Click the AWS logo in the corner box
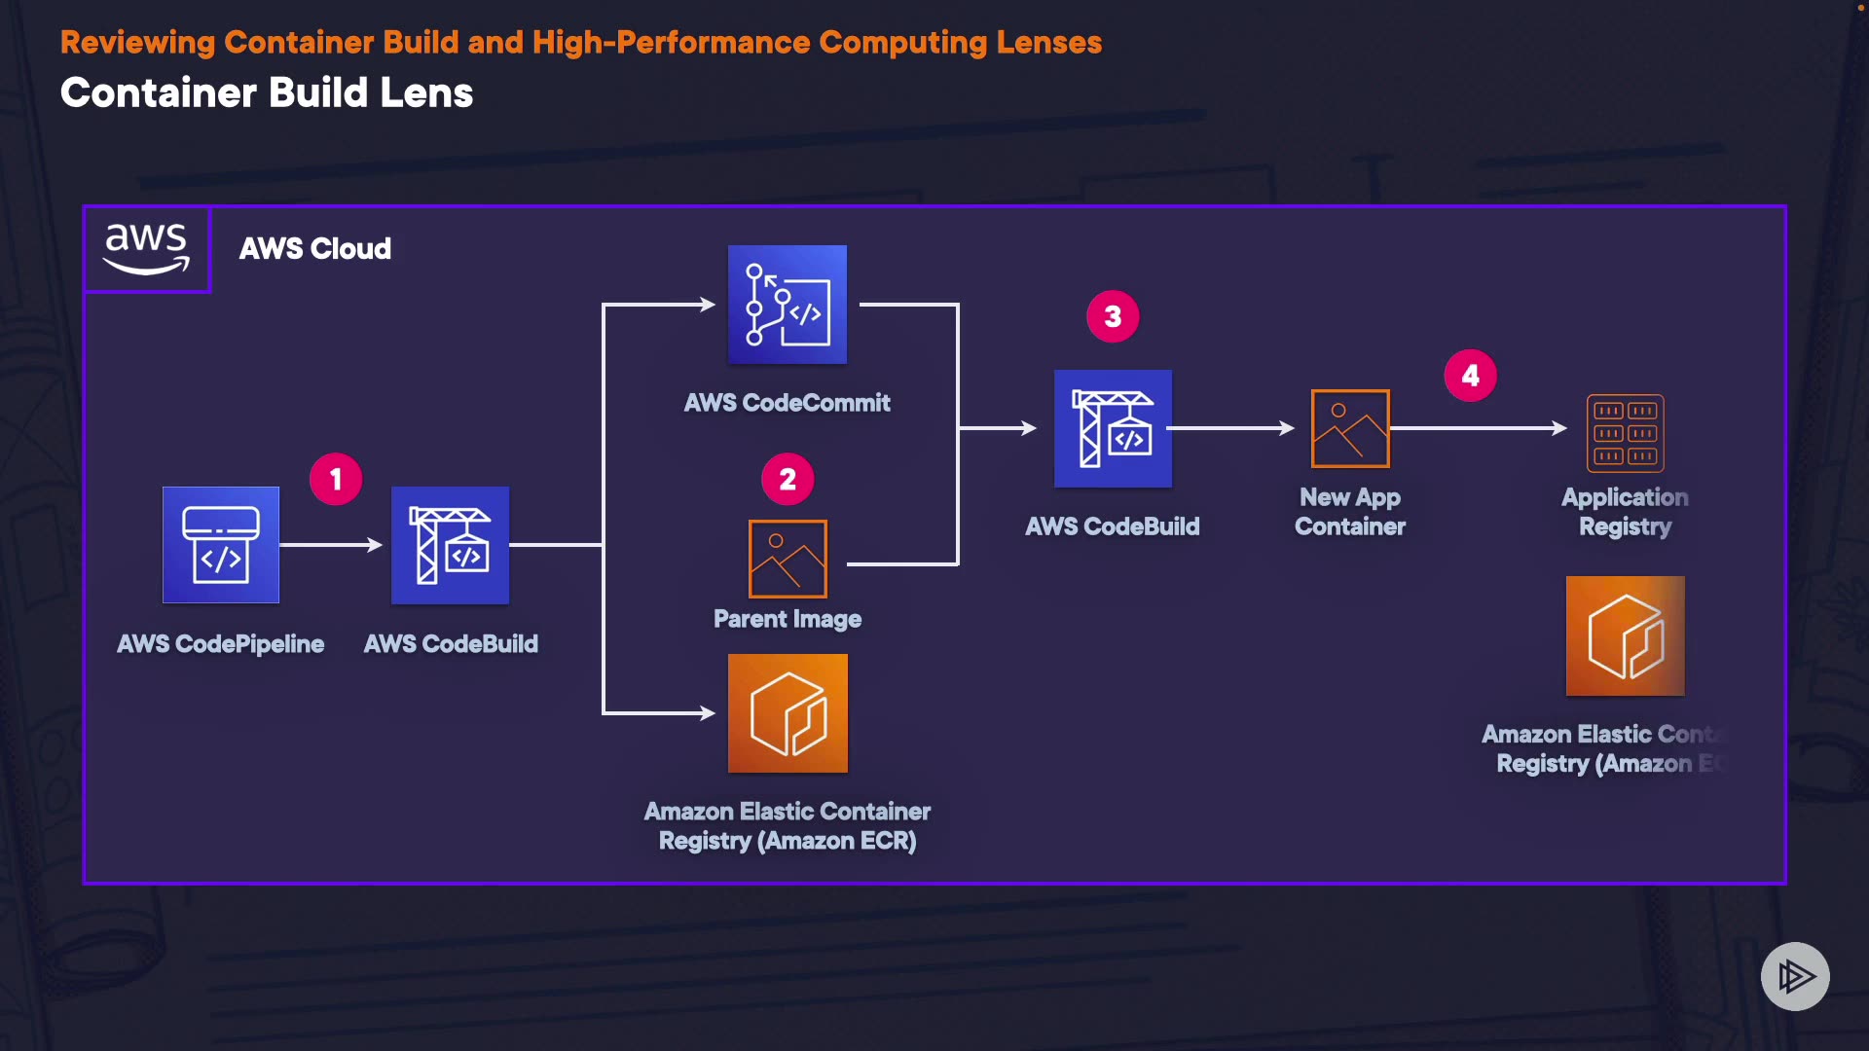[147, 248]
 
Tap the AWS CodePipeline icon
[221, 545]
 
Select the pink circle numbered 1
[336, 479]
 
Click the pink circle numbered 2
[788, 479]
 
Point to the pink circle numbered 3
[1113, 316]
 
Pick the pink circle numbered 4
[1470, 376]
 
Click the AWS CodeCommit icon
[788, 305]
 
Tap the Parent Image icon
[788, 559]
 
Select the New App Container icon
[1350, 428]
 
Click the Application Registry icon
[1625, 433]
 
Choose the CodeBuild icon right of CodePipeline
[450, 545]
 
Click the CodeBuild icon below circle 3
[1113, 428]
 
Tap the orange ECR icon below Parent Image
[788, 713]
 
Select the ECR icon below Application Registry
[1625, 635]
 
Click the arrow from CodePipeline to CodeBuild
[332, 545]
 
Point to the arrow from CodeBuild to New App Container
[1233, 428]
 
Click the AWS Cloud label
[315, 249]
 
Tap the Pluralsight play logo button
[1795, 976]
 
